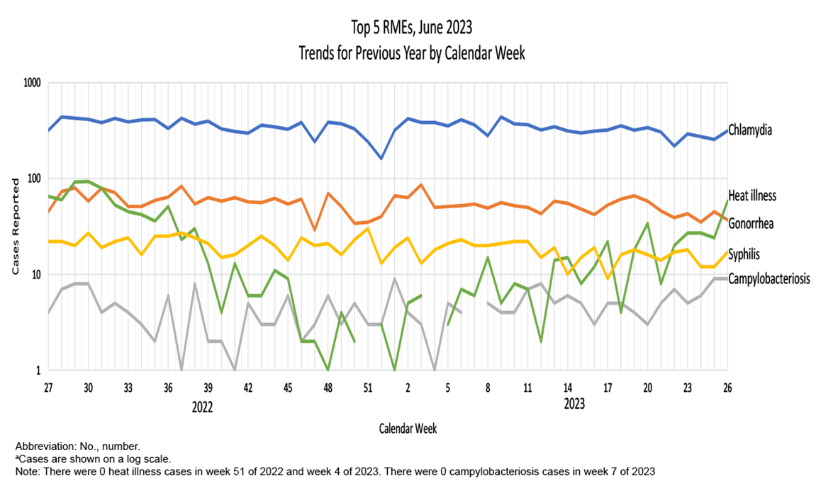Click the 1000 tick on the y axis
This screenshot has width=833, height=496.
(x=30, y=83)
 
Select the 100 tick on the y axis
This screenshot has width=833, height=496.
(x=33, y=179)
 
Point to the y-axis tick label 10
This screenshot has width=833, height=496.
(x=35, y=275)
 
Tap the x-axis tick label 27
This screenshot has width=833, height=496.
(x=48, y=388)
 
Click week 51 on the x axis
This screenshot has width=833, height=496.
(x=367, y=388)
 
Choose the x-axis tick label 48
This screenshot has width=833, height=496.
(x=328, y=388)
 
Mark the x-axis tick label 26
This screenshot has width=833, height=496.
(x=727, y=388)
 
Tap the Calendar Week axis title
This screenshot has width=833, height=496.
(x=408, y=428)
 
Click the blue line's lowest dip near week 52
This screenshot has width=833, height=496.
(x=381, y=158)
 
